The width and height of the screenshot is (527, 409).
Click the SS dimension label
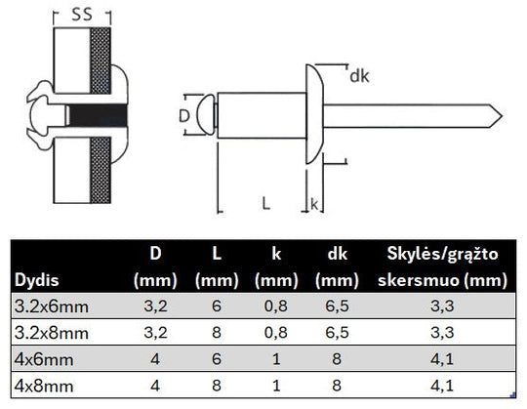pos(82,15)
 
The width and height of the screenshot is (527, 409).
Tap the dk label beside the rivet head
pos(359,76)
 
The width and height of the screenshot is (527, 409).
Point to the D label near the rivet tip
pos(184,116)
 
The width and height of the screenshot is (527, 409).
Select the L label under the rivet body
pos(265,203)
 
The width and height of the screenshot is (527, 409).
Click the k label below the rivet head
pos(314,204)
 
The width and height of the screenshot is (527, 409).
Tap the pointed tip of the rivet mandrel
pos(502,116)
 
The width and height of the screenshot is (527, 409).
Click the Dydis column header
pos(37,279)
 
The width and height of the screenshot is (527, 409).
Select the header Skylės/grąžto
pos(442,254)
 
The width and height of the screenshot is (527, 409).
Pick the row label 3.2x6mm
pos(52,307)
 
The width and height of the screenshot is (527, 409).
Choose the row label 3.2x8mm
pos(52,333)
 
